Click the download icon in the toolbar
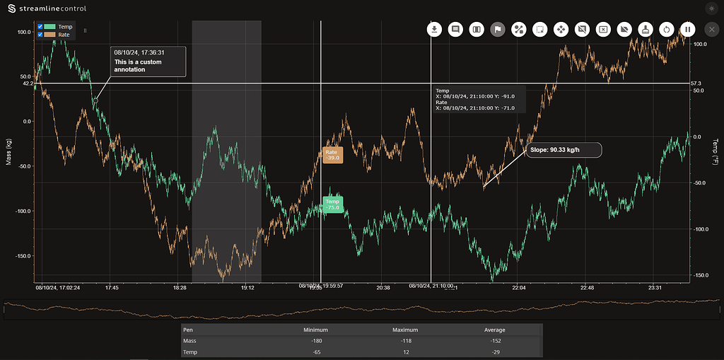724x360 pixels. point(435,30)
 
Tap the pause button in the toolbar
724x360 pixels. point(687,30)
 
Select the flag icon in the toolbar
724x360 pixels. point(498,30)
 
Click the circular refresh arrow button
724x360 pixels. point(665,30)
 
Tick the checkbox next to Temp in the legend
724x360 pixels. point(40,27)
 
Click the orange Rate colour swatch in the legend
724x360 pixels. point(49,34)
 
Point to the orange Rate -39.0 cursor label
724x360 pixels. point(332,155)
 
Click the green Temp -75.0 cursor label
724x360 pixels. point(332,204)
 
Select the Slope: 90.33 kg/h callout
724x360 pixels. point(564,150)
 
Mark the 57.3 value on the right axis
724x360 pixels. point(696,83)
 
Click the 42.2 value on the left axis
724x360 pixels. point(28,83)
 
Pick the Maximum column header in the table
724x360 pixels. point(405,330)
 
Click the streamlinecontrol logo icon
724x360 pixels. point(11,8)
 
